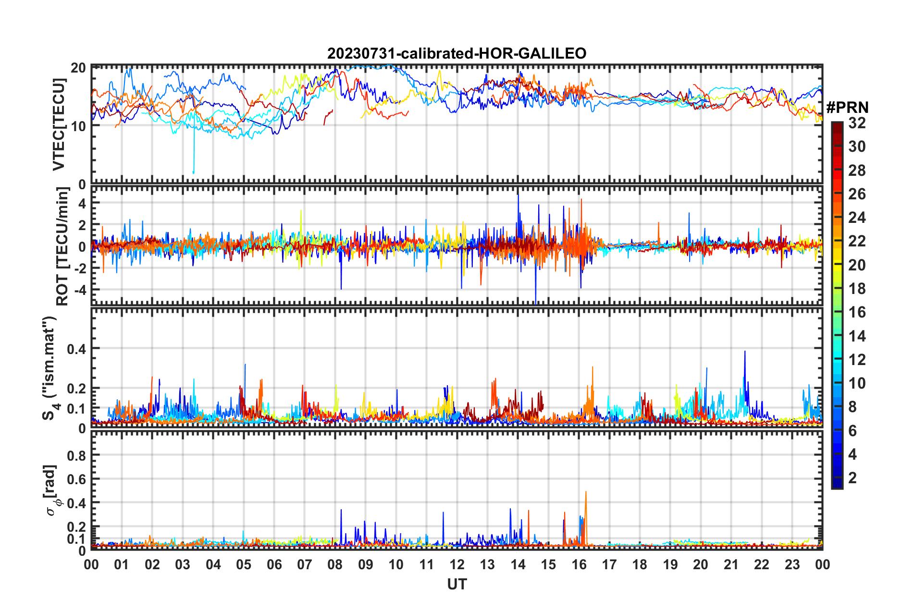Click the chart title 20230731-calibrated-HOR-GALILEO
pyautogui.click(x=457, y=53)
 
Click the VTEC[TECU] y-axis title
pyautogui.click(x=59, y=125)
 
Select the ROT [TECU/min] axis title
pyautogui.click(x=62, y=246)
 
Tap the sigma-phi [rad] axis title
pyautogui.click(x=51, y=490)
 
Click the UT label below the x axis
pyautogui.click(x=457, y=585)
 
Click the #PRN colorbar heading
pyautogui.click(x=847, y=107)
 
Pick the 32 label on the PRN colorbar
pyautogui.click(x=857, y=123)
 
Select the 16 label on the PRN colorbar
pyautogui.click(x=857, y=312)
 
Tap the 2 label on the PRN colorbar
pyautogui.click(x=852, y=478)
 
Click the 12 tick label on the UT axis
pyautogui.click(x=457, y=564)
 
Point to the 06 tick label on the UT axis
pyautogui.click(x=274, y=564)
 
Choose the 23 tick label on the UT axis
pyautogui.click(x=792, y=564)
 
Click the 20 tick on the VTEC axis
pyautogui.click(x=78, y=68)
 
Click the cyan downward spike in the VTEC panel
pyautogui.click(x=194, y=171)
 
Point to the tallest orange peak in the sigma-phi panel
pyautogui.click(x=586, y=492)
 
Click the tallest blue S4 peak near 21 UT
pyautogui.click(x=745, y=352)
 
